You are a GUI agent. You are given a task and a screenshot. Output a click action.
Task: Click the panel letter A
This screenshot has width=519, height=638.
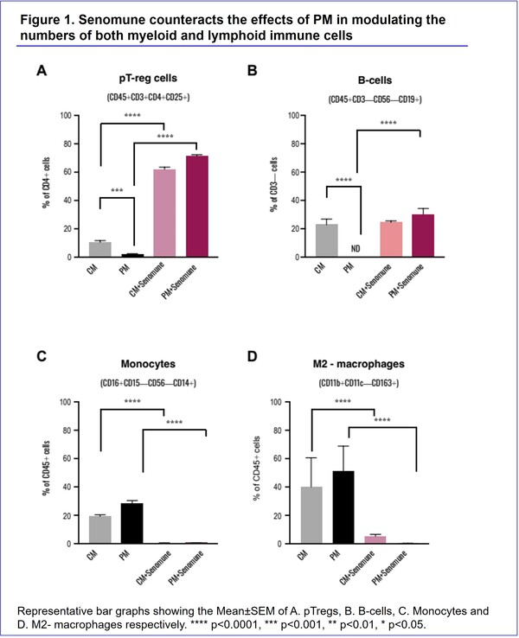[x=41, y=73]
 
